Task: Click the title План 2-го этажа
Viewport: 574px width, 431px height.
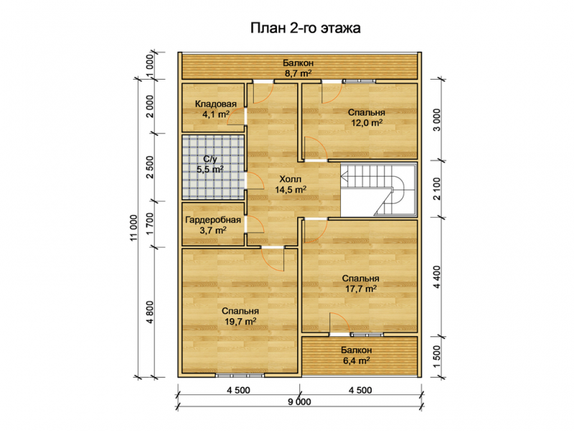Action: coord(306,28)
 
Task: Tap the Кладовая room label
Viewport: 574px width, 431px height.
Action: coord(216,104)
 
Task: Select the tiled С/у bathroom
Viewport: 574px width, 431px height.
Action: coord(213,167)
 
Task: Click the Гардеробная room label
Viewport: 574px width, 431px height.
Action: coord(213,220)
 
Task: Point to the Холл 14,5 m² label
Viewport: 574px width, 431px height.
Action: coord(291,185)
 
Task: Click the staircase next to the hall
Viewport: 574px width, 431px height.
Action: coord(379,190)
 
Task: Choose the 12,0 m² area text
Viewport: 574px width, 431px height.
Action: coord(367,123)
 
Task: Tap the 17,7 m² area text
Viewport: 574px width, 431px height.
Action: coord(361,289)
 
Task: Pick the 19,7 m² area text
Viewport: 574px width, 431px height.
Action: coord(240,321)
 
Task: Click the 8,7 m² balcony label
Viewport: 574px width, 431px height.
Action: coord(298,73)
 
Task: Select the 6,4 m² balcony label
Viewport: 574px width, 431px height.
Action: coord(356,361)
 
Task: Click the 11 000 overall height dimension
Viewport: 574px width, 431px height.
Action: coord(133,228)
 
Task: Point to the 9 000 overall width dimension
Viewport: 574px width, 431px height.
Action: coord(299,402)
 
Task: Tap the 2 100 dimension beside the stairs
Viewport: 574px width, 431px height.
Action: coord(438,189)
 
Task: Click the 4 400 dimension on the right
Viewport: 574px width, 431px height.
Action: coord(438,277)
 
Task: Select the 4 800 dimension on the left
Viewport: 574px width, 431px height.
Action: coord(150,312)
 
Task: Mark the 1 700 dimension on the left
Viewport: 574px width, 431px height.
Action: coord(150,224)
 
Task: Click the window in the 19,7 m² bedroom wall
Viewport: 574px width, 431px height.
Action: coord(240,375)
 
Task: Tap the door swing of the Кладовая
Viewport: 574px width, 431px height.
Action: coord(235,116)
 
